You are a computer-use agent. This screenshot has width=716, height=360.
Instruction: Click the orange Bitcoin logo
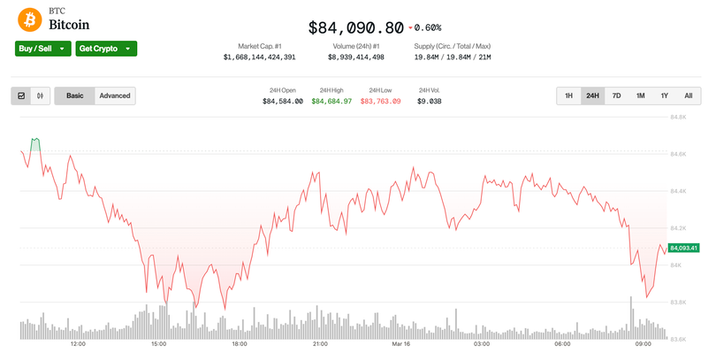pos(29,19)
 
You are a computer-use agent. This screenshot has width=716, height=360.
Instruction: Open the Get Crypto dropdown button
pos(105,49)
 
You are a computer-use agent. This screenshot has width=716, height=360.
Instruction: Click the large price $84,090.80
pos(355,27)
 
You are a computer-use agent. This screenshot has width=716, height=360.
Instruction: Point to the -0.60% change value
pos(426,27)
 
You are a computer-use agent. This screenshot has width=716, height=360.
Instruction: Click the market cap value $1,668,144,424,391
pos(259,57)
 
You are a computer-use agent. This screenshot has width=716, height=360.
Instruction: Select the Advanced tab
pos(114,96)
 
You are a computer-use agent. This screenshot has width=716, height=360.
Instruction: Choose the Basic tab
pos(74,96)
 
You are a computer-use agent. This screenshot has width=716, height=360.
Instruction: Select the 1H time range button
pos(568,96)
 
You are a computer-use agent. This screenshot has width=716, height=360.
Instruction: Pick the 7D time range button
pos(616,96)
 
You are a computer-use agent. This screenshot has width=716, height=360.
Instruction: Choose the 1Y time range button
pos(664,96)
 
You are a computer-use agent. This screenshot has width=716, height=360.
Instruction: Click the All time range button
pos(688,96)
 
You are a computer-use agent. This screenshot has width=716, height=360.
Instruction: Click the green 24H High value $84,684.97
pos(331,102)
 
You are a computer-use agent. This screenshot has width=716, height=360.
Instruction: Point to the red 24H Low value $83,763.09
pos(380,102)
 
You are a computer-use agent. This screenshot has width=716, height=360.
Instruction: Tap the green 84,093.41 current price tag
pos(685,248)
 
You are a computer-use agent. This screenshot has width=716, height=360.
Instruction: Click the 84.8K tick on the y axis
pos(679,117)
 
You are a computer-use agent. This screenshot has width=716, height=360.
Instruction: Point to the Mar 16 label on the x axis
pos(400,344)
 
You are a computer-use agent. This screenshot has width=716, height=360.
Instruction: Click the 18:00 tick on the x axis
pos(239,344)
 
